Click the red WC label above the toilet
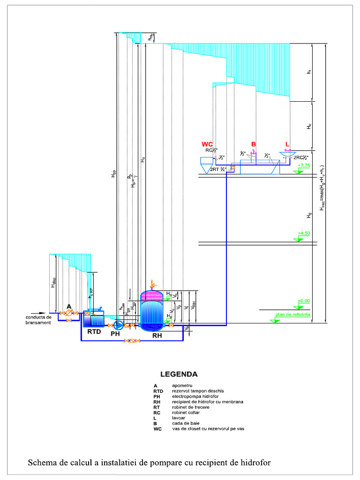pyautogui.click(x=207, y=144)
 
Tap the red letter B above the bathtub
pyautogui.click(x=254, y=144)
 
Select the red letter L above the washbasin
pyautogui.click(x=287, y=144)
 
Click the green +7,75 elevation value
pyautogui.click(x=304, y=166)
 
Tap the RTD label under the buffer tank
pyautogui.click(x=93, y=332)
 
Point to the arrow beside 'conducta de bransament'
pyautogui.click(x=42, y=313)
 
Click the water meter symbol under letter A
pyautogui.click(x=69, y=313)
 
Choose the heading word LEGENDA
pyautogui.click(x=179, y=375)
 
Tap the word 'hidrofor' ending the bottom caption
pyautogui.click(x=254, y=463)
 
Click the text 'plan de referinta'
pyautogui.click(x=293, y=315)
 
